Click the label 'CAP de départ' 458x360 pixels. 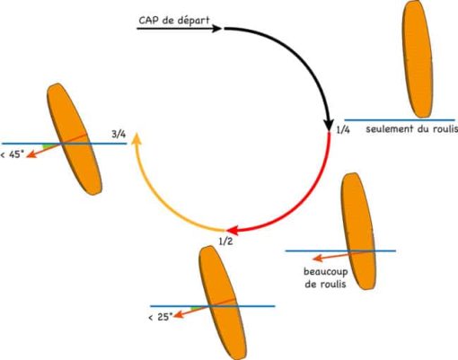click(174, 21)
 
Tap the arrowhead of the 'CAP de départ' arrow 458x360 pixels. click(217, 29)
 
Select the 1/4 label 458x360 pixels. click(343, 130)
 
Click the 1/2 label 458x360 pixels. click(225, 241)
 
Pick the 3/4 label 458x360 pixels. click(119, 135)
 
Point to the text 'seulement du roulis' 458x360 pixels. click(412, 129)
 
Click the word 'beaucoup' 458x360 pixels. click(326, 272)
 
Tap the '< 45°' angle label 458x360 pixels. click(13, 154)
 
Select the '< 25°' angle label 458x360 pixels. click(161, 317)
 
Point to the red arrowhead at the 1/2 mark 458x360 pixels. click(233, 230)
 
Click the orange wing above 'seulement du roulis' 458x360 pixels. click(417, 59)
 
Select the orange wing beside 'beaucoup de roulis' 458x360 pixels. click(358, 231)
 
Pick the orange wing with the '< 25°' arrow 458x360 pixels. click(223, 303)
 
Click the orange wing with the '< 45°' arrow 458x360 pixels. click(75, 139)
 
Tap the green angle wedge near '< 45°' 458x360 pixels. click(48, 146)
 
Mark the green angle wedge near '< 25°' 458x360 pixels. click(197, 308)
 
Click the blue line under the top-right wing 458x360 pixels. click(400, 120)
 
